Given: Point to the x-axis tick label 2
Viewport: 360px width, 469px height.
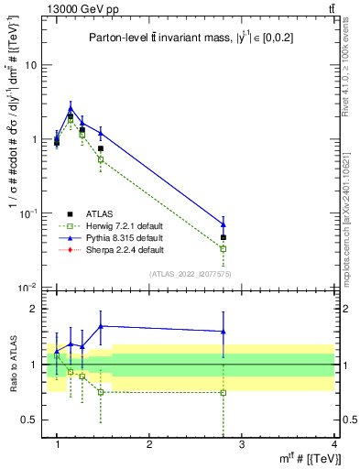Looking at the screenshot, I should click(149, 444).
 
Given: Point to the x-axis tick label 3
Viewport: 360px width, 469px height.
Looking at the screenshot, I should click(242, 444).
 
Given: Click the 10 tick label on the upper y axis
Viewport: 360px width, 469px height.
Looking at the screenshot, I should click(30, 65).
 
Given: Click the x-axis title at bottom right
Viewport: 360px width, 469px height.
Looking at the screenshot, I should click(312, 459).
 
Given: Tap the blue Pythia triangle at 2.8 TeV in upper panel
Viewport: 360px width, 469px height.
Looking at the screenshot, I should click(224, 224).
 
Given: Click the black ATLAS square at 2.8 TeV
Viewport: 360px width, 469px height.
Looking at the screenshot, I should click(224, 237).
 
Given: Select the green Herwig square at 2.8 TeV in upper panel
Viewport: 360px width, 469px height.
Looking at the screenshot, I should click(224, 248).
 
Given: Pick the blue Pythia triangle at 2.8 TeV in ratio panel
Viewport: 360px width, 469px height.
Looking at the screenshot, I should click(224, 332).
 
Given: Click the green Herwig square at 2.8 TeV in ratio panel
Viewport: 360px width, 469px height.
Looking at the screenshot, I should click(224, 392).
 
